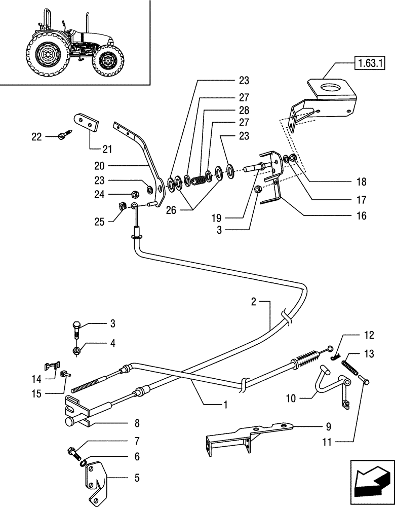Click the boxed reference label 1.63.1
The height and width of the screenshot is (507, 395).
coord(371,64)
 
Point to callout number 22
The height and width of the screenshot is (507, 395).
coord(37,137)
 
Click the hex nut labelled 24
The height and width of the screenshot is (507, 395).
coord(135,193)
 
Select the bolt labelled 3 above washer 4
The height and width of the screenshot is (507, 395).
coord(76,328)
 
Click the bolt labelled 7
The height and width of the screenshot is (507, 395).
coord(72,450)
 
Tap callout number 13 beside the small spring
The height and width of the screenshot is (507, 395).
coord(368,353)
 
